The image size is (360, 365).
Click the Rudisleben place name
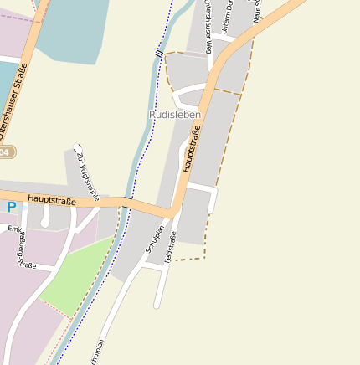click(174, 114)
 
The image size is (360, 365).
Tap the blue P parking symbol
click(11, 207)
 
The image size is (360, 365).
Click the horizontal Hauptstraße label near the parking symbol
click(52, 200)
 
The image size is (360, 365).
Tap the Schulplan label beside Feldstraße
click(154, 239)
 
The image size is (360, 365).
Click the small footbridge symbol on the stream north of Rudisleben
click(158, 53)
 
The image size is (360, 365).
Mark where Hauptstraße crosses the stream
click(127, 203)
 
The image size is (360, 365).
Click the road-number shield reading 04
click(6, 152)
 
